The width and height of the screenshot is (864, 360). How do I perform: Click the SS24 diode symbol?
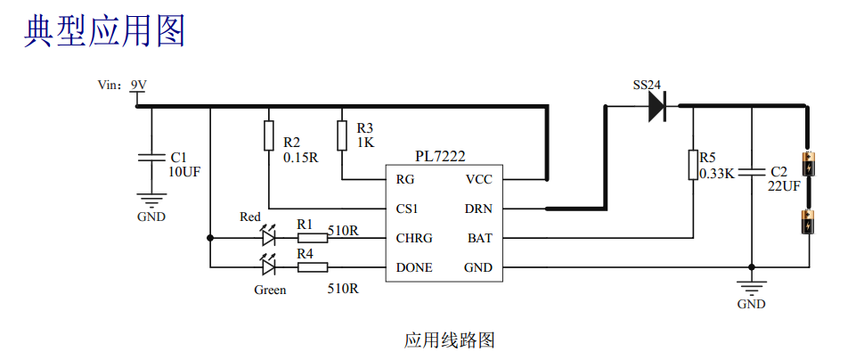(x=656, y=106)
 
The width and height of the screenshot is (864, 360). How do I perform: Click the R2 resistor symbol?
(x=268, y=136)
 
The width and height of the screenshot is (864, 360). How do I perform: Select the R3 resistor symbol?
(x=341, y=135)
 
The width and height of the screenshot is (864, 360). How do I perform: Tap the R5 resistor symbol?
(x=693, y=165)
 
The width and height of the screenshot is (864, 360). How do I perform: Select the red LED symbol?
(x=266, y=238)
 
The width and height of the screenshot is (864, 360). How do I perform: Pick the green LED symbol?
(x=266, y=266)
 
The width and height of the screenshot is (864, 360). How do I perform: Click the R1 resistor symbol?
(x=312, y=238)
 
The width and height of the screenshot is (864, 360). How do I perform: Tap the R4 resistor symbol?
(x=312, y=266)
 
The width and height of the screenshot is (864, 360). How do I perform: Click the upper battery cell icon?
(x=808, y=165)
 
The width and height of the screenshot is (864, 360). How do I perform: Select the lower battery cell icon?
(x=808, y=221)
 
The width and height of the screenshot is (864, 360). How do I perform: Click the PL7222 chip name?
(x=440, y=156)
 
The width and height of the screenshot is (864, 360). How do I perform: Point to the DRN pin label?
(x=478, y=209)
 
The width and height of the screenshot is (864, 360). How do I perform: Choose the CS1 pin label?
(x=408, y=209)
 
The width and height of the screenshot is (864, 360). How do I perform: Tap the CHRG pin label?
(x=413, y=238)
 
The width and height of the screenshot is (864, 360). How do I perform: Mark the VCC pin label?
(x=478, y=179)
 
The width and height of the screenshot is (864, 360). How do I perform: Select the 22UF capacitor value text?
(x=784, y=186)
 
